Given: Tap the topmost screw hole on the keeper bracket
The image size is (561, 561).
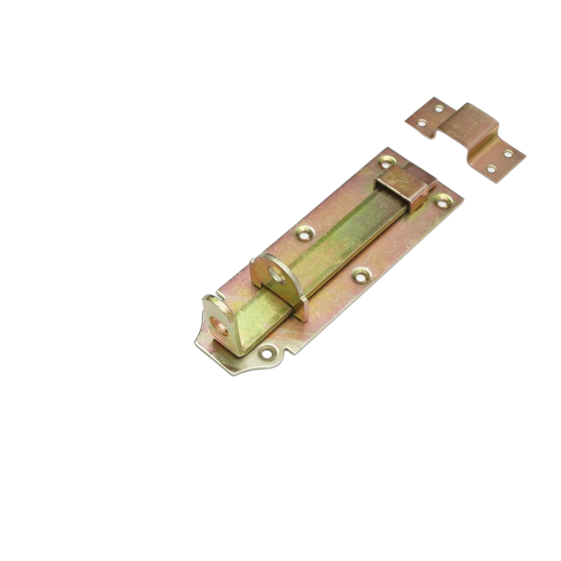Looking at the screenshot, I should (x=439, y=108).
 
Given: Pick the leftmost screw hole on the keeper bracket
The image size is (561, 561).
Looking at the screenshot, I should (x=422, y=123).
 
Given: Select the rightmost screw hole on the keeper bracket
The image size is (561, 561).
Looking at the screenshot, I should (x=508, y=153).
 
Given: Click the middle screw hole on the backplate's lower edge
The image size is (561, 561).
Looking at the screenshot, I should (x=360, y=276).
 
